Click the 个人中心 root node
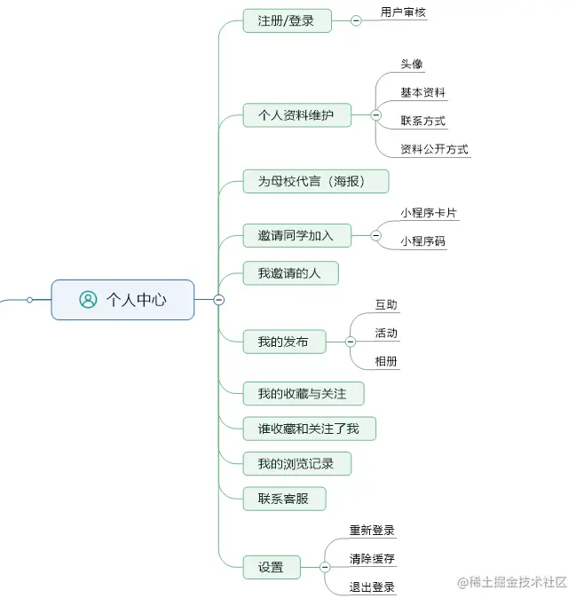pos(122,300)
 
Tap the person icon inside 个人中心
pos(88,300)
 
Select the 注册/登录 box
pos(287,20)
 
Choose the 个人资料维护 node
pos(296,115)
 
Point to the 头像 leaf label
pos(412,65)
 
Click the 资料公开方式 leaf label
pos(434,149)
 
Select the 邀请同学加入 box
pos(296,235)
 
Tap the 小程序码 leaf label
pos(422,240)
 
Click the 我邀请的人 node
pos(289,272)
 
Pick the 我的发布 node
pos(283,342)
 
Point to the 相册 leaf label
pos(386,361)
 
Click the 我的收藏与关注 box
pos(303,393)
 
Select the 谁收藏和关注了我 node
pos(309,429)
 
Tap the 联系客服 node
pos(283,498)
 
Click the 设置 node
pos(271,567)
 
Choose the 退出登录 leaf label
pos(372,586)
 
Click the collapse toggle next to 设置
pos(325,567)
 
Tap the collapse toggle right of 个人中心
pos(219,300)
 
